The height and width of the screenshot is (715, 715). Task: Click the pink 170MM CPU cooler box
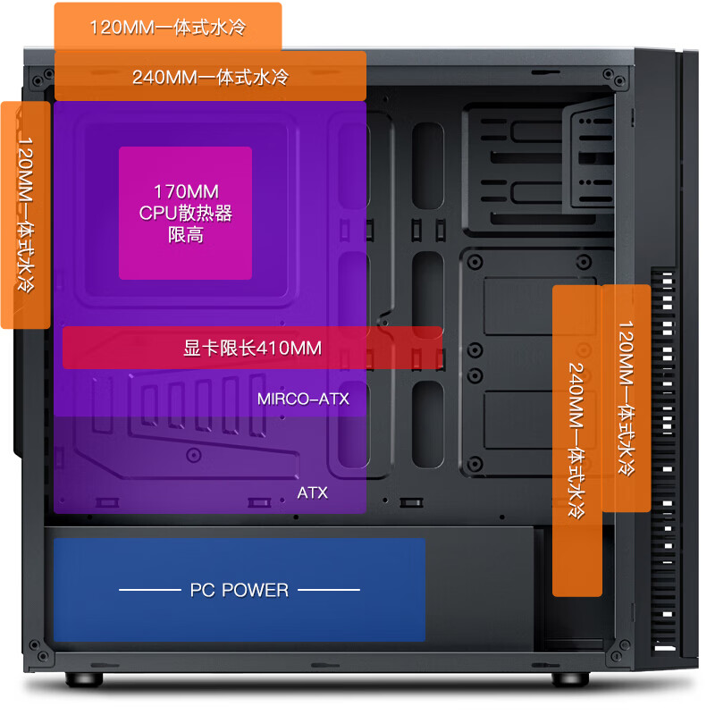pyautogui.click(x=185, y=213)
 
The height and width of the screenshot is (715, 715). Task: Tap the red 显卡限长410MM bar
pyautogui.click(x=252, y=348)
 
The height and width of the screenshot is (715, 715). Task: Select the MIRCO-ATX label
pyautogui.click(x=303, y=399)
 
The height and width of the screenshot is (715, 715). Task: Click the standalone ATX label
pyautogui.click(x=312, y=492)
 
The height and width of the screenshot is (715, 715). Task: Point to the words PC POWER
pyautogui.click(x=240, y=590)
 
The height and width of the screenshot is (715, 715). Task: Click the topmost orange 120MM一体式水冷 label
pyautogui.click(x=168, y=27)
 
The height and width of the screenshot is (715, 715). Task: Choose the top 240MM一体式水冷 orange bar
pyautogui.click(x=210, y=76)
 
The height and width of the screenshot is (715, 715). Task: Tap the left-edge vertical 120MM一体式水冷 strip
pyautogui.click(x=26, y=214)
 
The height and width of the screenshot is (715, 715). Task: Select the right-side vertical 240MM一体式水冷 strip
pyautogui.click(x=577, y=441)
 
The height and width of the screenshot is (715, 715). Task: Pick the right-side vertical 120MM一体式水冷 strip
pyautogui.click(x=627, y=398)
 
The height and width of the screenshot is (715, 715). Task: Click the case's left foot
pyautogui.click(x=84, y=678)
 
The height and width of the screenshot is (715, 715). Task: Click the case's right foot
pyautogui.click(x=570, y=678)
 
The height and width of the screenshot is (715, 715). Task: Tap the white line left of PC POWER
pyautogui.click(x=150, y=590)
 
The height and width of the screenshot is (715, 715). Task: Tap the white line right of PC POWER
pyautogui.click(x=329, y=590)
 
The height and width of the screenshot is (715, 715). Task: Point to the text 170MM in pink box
pyautogui.click(x=186, y=191)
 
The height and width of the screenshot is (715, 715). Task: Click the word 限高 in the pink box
pyautogui.click(x=186, y=235)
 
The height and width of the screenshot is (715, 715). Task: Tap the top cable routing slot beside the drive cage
pyautogui.click(x=428, y=166)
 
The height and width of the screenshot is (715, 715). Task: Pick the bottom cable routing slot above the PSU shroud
pyautogui.click(x=428, y=425)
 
